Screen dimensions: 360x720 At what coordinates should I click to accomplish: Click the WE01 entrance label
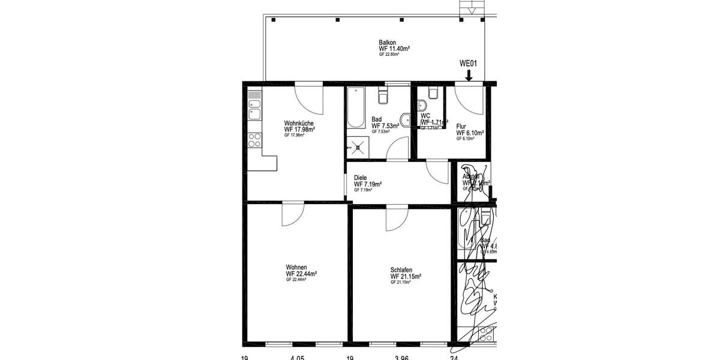467,64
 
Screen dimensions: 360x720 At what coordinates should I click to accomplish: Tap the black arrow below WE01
468,74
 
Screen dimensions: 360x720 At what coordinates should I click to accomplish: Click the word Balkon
386,43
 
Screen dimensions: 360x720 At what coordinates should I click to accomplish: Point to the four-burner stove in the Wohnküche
254,140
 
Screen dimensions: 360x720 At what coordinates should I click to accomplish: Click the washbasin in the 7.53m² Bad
406,119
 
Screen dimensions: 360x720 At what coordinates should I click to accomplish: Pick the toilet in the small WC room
433,93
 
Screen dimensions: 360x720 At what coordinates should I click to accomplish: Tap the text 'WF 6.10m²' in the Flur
470,133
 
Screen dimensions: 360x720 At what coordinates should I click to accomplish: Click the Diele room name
360,178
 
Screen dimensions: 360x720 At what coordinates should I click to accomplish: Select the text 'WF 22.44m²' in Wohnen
301,274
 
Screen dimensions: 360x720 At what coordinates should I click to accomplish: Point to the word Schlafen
401,270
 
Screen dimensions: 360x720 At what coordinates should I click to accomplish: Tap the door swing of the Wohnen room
293,214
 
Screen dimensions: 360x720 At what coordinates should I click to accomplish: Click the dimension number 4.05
297,358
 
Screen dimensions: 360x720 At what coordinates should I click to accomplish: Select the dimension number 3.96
401,358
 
